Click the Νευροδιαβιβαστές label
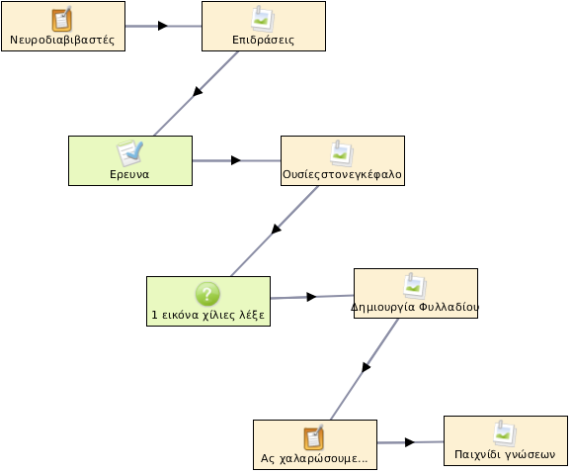coord(62,40)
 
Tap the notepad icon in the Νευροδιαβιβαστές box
coord(61,20)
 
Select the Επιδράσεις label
coord(263,40)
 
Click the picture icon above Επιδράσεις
coord(263,19)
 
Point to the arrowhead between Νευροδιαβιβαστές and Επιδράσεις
coord(163,26)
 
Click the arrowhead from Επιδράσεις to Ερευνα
coord(197,91)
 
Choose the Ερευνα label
coord(129,174)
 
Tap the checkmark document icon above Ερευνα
coord(129,153)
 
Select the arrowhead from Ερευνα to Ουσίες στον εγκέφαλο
coord(236,160)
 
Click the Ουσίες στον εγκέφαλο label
coord(342,174)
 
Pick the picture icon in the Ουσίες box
coord(342,153)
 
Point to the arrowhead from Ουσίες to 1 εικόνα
coord(277,230)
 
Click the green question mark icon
coord(207,294)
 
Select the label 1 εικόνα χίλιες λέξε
coord(207,315)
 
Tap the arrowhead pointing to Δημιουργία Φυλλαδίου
coord(311,297)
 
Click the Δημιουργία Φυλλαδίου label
coord(415,307)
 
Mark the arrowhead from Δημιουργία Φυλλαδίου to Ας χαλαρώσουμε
coord(366,367)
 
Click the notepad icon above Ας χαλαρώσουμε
coord(314,437)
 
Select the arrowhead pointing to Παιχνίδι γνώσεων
coord(410,442)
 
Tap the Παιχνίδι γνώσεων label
coord(505,454)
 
